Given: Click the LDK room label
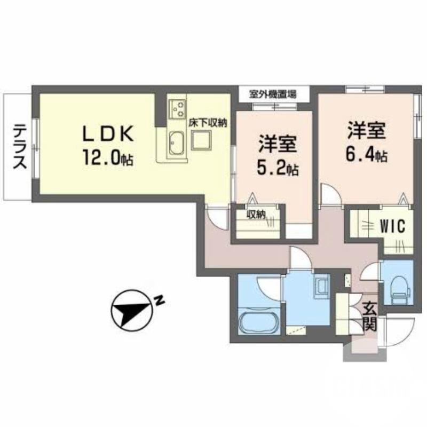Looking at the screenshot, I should coord(107,133).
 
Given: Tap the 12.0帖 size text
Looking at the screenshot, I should coord(107,157).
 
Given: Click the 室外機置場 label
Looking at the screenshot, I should coord(273,94).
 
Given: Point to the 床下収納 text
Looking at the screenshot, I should coord(208,122).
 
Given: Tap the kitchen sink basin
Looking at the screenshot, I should coord(176,143).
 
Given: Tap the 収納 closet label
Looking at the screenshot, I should coord(256,215).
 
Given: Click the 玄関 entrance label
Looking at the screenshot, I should coord(370,316).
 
